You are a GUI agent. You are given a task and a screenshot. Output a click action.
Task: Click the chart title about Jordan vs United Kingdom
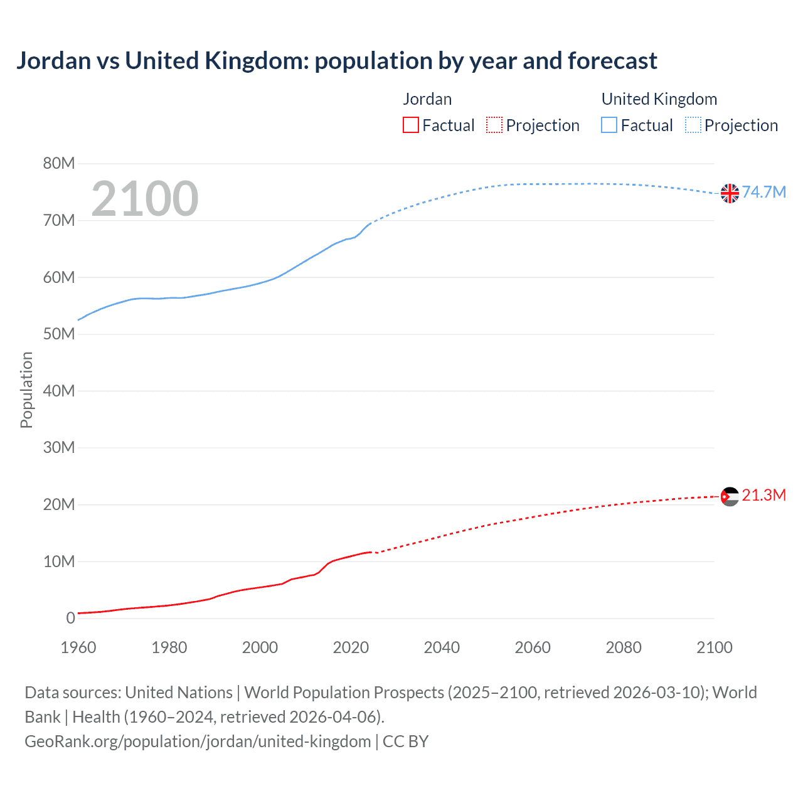pyautogui.click(x=336, y=61)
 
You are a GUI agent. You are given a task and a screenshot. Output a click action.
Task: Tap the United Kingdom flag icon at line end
pyautogui.click(x=730, y=193)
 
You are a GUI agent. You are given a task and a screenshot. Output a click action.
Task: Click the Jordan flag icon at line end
pyautogui.click(x=730, y=497)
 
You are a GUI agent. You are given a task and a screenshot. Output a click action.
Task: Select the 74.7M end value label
pyautogui.click(x=764, y=193)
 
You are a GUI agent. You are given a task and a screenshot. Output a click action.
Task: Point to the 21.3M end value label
pyautogui.click(x=764, y=496)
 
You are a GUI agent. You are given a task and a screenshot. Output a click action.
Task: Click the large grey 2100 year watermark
pyautogui.click(x=145, y=199)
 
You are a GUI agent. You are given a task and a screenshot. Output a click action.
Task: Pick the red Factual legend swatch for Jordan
pyautogui.click(x=411, y=125)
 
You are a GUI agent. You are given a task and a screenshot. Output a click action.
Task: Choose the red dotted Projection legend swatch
pyautogui.click(x=494, y=125)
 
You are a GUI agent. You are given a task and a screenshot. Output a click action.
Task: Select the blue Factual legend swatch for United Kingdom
pyautogui.click(x=609, y=125)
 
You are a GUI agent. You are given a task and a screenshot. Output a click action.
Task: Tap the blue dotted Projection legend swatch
pyautogui.click(x=693, y=125)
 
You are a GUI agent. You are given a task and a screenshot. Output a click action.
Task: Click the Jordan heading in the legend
pyautogui.click(x=427, y=99)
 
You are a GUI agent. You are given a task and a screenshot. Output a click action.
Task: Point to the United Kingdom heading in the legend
pyautogui.click(x=659, y=99)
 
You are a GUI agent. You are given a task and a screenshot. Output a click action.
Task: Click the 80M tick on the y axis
pyautogui.click(x=59, y=164)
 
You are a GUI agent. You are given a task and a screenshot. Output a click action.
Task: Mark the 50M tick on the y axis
pyautogui.click(x=59, y=334)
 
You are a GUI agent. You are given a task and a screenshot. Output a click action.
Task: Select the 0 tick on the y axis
pyautogui.click(x=70, y=619)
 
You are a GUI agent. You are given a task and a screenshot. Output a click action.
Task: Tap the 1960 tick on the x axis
pyautogui.click(x=78, y=647)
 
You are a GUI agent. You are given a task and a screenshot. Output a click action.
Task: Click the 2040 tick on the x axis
pyautogui.click(x=442, y=647)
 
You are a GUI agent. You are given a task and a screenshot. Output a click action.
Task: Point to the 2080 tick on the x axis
pyautogui.click(x=624, y=647)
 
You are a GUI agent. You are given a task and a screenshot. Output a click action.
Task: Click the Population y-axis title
pyautogui.click(x=26, y=390)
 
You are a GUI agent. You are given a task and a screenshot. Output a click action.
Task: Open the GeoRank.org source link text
pyautogui.click(x=198, y=742)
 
